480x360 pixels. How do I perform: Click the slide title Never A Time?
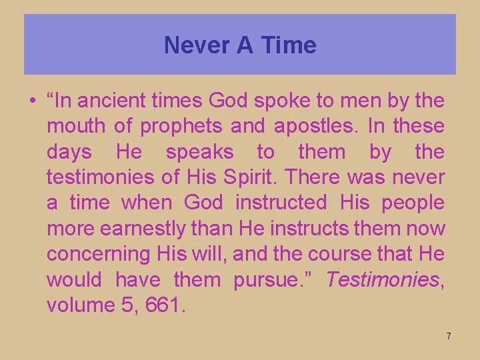(x=240, y=45)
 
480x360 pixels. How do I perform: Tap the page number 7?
(x=449, y=336)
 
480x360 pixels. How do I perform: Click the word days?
(x=69, y=152)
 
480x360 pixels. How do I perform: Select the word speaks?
(x=199, y=152)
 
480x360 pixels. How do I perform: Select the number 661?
(x=167, y=305)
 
